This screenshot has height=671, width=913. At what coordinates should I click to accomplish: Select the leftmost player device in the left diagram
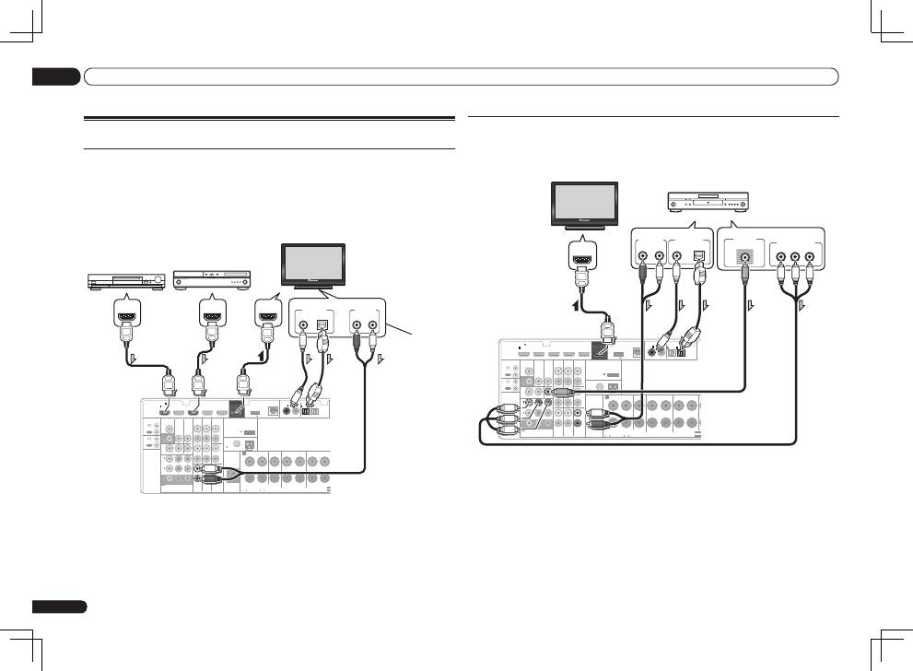pos(125,282)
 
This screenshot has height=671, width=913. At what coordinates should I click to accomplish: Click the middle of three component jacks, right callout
pos(794,258)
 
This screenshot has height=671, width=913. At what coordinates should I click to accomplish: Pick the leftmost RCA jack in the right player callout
pos(641,258)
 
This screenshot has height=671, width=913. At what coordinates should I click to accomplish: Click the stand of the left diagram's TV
pos(314,288)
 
